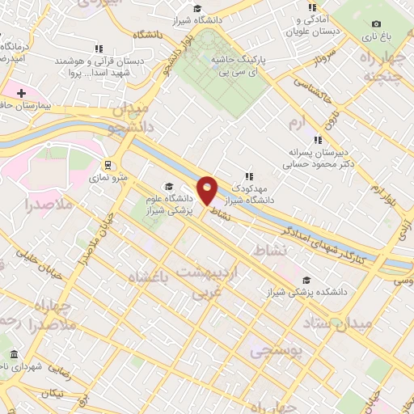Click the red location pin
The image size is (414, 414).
coord(208,189)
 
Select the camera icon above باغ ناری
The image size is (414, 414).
coord(376,24)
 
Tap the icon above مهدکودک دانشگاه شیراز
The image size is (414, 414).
coord(249,175)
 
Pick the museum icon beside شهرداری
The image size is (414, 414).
coord(13,354)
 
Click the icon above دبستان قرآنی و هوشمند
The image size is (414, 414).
coord(99,49)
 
